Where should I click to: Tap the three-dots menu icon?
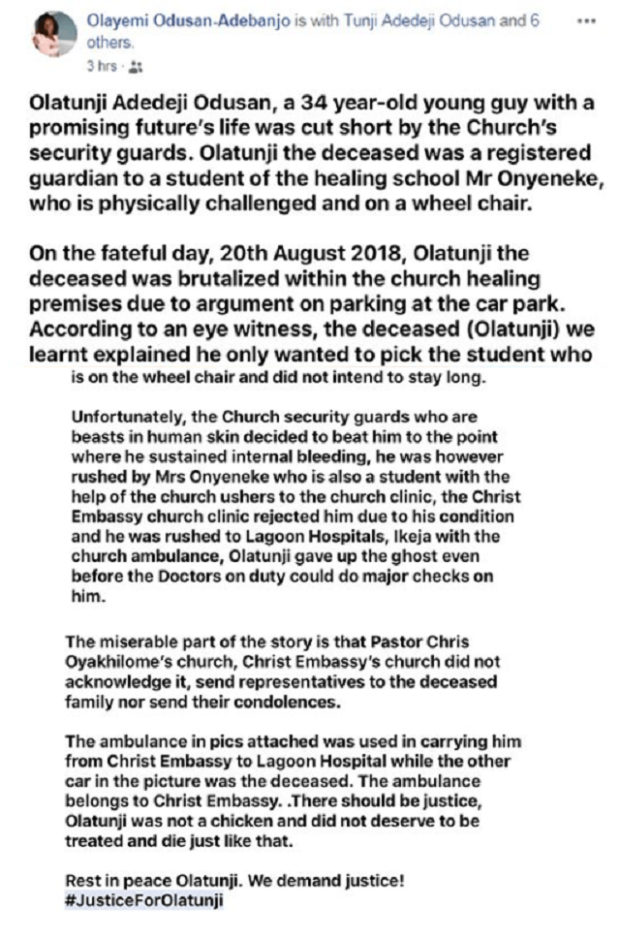point(584,21)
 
